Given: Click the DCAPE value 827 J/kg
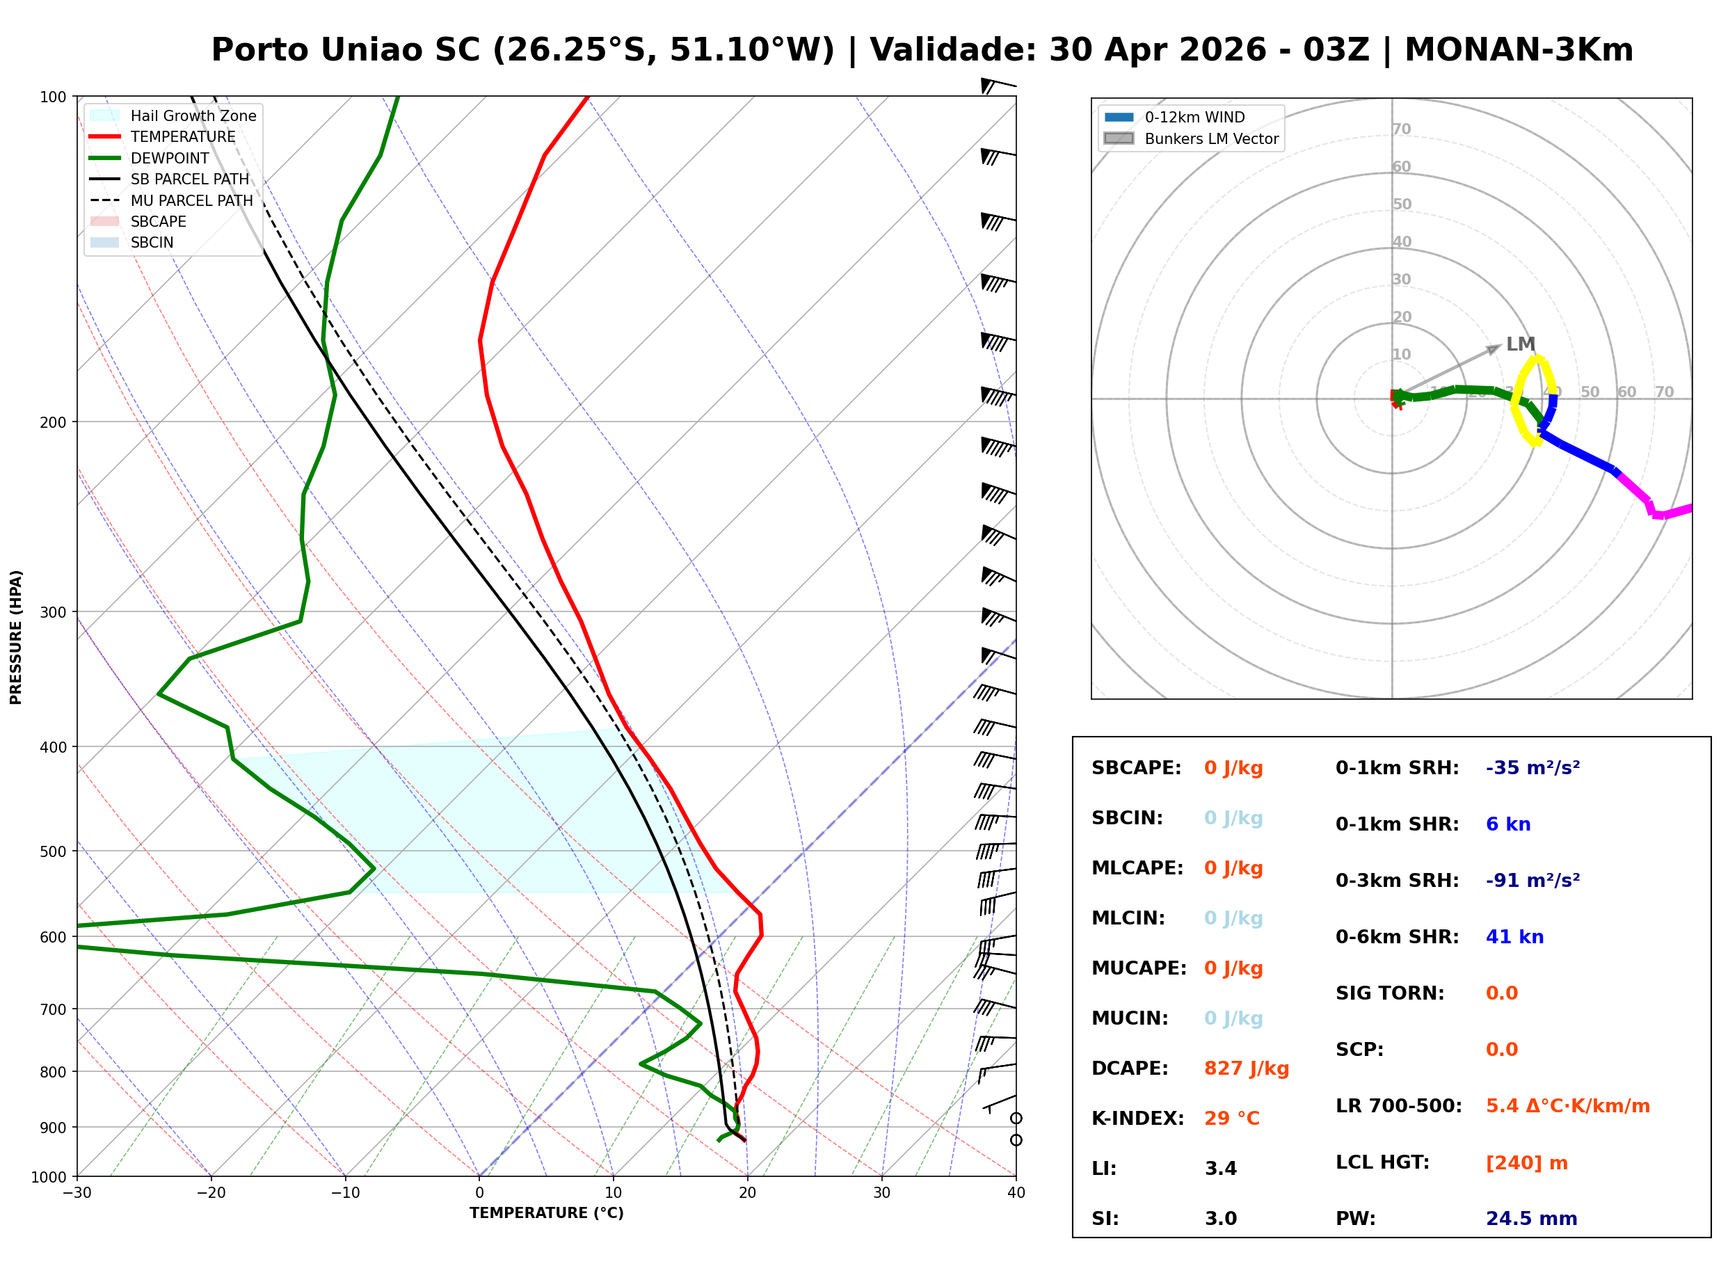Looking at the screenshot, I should tap(1246, 1068).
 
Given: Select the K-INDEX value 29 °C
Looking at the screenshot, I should tap(1231, 1118).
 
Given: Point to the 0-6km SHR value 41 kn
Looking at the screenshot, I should tap(1514, 936).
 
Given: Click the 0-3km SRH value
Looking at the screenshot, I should tap(1532, 880).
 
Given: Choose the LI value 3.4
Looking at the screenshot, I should tap(1220, 1168).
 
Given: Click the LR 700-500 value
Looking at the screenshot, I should tap(1567, 1106).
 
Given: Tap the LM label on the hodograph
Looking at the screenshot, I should tap(1520, 344).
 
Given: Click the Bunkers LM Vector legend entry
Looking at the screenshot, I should tap(1210, 138).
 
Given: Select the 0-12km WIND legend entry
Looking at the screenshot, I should tap(1194, 117).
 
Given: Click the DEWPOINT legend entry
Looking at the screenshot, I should tap(170, 158).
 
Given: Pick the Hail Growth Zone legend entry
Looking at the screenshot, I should tap(193, 115).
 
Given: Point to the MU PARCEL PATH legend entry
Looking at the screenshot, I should tap(191, 200).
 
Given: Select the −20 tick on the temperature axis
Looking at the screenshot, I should tap(210, 1193).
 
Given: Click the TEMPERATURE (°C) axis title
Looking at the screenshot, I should tap(546, 1213).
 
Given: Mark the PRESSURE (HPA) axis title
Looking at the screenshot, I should tap(16, 636).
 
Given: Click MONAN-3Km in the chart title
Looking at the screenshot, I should tap(1519, 50).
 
